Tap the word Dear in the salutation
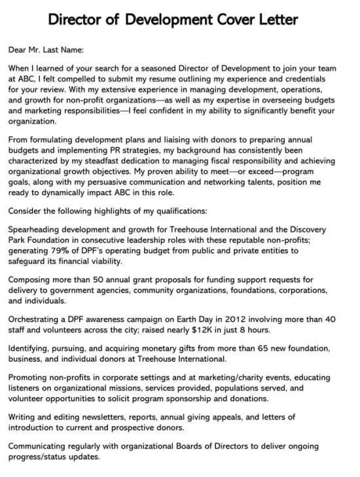(20, 49)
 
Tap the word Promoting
(30, 378)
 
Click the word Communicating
(41, 447)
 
